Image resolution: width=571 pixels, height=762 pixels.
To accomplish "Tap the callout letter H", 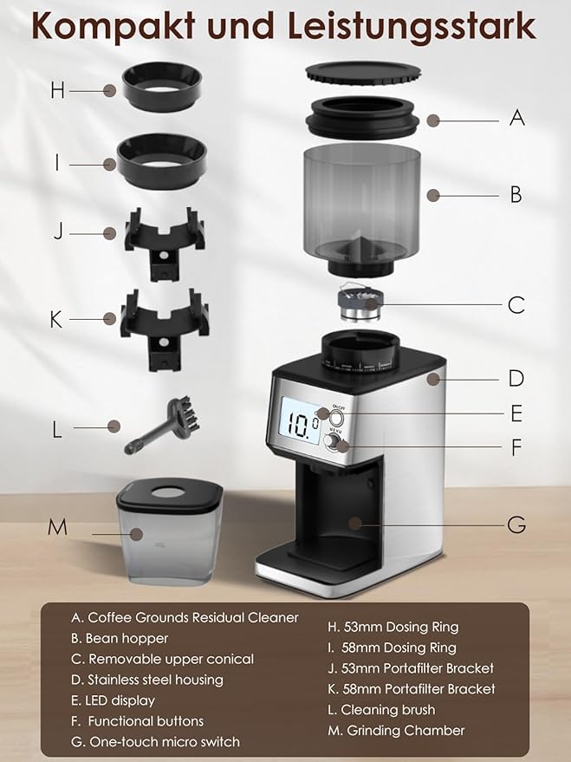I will click(57, 89).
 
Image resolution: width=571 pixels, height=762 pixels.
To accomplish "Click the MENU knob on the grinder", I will click(334, 444).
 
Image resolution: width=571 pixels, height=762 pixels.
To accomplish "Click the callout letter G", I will click(516, 524).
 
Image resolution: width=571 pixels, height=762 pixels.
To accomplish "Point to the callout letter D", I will click(516, 378).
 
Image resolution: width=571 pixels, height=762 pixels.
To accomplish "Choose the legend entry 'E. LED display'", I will click(113, 700).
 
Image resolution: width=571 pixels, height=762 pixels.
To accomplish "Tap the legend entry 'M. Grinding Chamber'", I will click(395, 731).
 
